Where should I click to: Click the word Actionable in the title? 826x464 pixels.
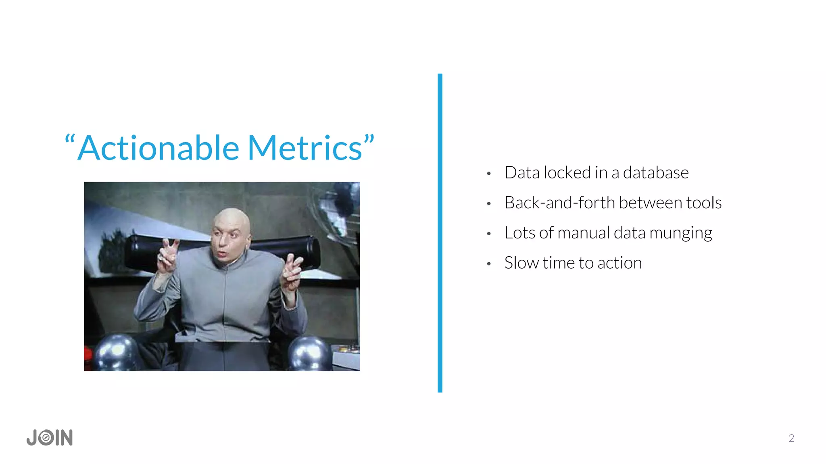[x=158, y=148]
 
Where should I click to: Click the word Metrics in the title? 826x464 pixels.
[x=305, y=148]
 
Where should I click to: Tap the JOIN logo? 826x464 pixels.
[x=50, y=437]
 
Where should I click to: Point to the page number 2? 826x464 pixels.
[x=791, y=438]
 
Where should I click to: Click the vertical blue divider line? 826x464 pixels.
[x=440, y=233]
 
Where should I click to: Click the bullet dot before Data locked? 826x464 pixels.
[x=488, y=174]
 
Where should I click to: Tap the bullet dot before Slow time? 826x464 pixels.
[x=488, y=264]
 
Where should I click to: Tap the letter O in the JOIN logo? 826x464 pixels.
[x=47, y=438]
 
